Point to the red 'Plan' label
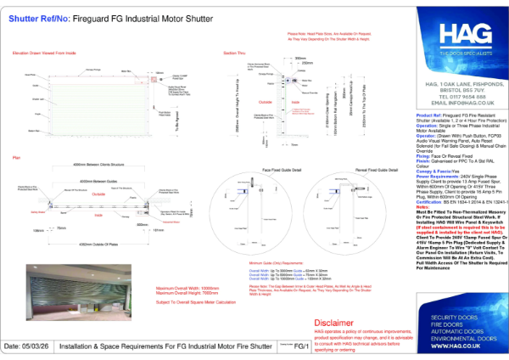click(x=15, y=158)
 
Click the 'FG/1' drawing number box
click(x=301, y=347)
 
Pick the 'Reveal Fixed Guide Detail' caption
click(x=358, y=170)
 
